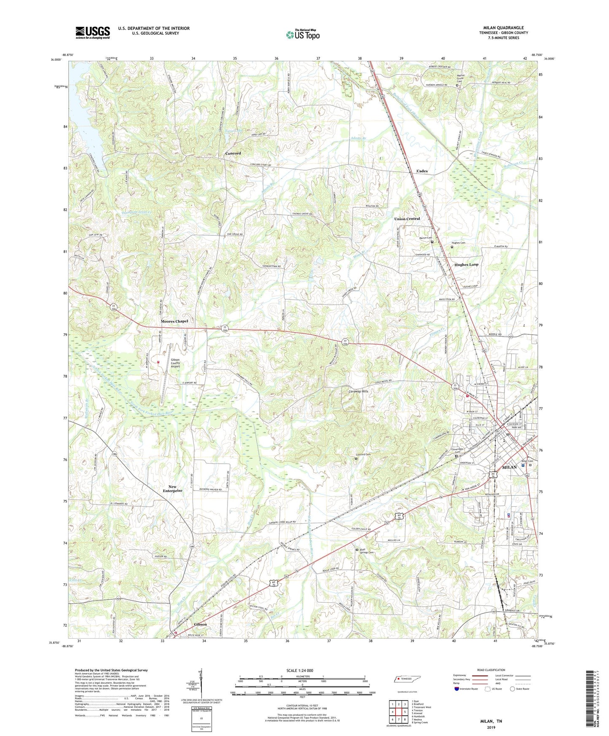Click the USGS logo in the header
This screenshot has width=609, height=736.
[93, 32]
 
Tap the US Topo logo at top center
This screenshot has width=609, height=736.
[303, 35]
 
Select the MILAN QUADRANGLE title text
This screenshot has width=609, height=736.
[504, 28]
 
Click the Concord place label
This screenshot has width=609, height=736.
[233, 153]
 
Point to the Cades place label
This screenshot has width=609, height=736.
[422, 171]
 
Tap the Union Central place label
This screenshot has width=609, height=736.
[407, 219]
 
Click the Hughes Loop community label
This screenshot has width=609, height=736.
[466, 265]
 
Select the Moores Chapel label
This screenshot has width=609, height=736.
[174, 321]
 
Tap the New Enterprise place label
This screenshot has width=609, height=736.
[172, 489]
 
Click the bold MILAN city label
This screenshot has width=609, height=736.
[510, 467]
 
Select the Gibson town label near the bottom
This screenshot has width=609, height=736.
[200, 624]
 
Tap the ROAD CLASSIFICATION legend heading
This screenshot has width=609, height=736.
[490, 670]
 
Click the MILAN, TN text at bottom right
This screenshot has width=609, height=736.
[491, 721]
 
